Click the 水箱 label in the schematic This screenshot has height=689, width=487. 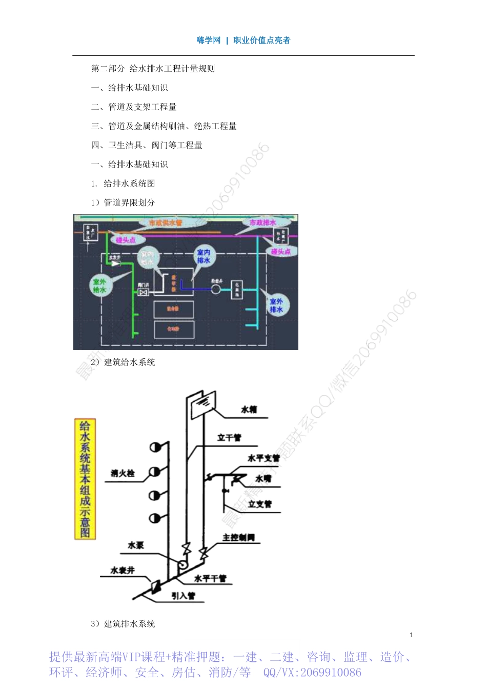click(x=249, y=410)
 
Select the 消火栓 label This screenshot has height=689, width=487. click(x=123, y=473)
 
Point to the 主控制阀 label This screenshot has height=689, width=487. click(x=238, y=537)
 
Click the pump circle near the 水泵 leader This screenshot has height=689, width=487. click(x=182, y=564)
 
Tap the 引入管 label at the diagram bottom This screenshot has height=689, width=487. click(x=183, y=596)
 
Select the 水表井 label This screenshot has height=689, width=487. click(x=123, y=570)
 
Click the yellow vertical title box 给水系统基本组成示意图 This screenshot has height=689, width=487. click(x=85, y=479)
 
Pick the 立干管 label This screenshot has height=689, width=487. click(x=229, y=437)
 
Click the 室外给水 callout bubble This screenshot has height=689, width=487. click(x=99, y=286)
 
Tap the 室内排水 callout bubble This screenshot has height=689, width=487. click(x=204, y=256)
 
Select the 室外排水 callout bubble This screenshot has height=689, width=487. click(x=276, y=306)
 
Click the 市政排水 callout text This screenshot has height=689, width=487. click(x=262, y=222)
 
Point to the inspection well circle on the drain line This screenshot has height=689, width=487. click(x=216, y=289)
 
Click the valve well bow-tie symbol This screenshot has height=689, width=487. click(x=144, y=292)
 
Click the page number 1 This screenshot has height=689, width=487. click(x=411, y=635)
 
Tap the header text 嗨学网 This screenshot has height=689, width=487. click(x=208, y=40)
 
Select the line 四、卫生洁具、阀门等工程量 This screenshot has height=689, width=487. click(x=147, y=145)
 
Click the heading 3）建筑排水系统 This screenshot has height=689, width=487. click(x=123, y=623)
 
